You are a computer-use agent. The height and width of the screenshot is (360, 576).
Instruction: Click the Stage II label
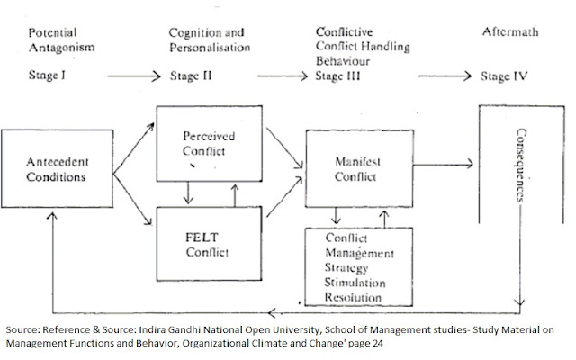pos(191,76)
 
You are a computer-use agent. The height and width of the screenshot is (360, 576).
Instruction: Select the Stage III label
pos(339,76)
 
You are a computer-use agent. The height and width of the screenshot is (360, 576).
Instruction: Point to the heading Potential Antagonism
pos(59,39)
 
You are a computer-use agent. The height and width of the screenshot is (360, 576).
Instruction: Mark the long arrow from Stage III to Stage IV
pos(422,76)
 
